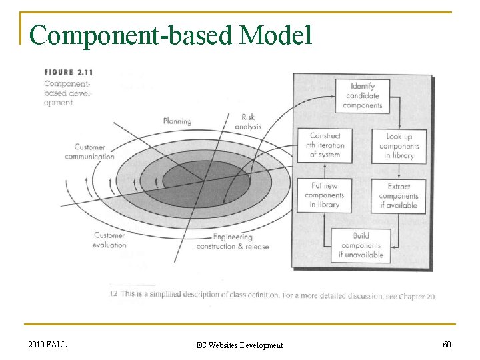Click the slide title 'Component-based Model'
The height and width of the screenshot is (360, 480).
(x=171, y=35)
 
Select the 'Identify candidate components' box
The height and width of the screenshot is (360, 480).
(x=362, y=95)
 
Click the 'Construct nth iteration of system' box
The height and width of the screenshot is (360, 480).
(x=325, y=145)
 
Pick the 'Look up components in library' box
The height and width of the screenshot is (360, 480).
(x=399, y=146)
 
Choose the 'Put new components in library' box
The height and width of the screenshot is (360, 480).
(x=325, y=195)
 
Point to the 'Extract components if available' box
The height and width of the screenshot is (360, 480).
(x=399, y=196)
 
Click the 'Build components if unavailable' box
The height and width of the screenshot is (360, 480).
(x=361, y=245)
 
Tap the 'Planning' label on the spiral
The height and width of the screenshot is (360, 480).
(x=177, y=121)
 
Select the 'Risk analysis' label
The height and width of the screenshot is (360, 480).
(x=248, y=121)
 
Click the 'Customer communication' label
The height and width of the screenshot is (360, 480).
(x=89, y=151)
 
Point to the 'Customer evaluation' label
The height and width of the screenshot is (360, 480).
(x=109, y=240)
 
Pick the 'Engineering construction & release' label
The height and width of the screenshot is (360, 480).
(x=232, y=241)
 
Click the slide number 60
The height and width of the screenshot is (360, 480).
(x=446, y=344)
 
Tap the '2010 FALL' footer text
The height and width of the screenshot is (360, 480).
(x=47, y=344)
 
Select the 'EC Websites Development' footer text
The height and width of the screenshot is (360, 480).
(x=239, y=345)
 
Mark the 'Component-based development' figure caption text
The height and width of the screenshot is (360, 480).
(x=67, y=93)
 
